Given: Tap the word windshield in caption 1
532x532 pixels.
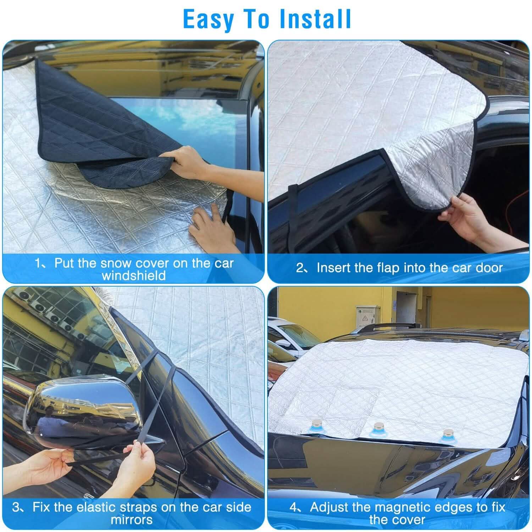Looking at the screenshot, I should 134,276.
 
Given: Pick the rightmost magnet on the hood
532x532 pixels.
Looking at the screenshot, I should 448,434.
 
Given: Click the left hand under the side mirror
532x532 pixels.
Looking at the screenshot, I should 46,465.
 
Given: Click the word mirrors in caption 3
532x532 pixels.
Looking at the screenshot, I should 132,520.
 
